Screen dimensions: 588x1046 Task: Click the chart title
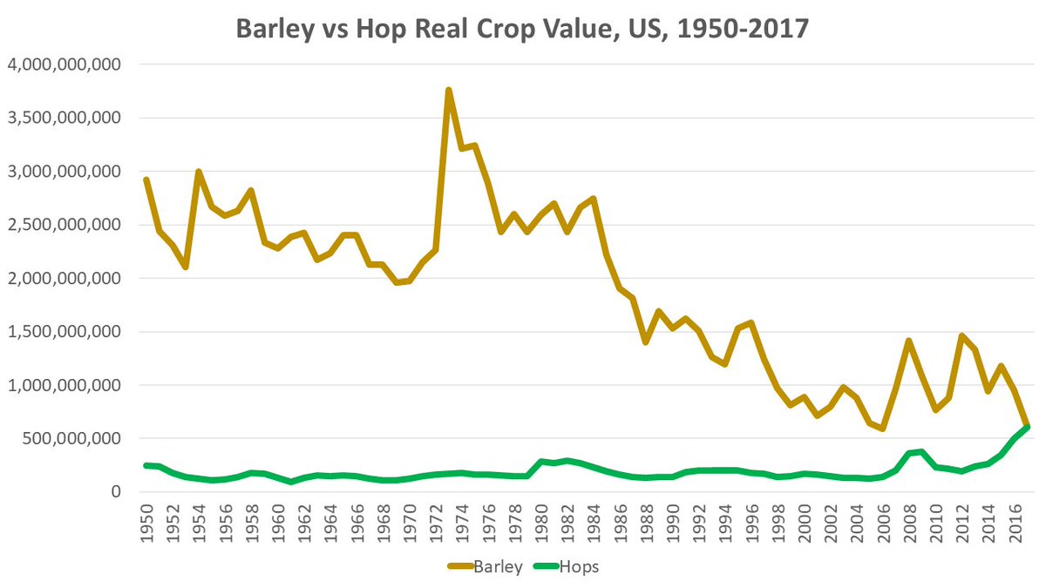point(522,28)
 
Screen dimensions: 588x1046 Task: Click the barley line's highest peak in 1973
point(449,90)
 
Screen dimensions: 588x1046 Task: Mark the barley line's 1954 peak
point(199,172)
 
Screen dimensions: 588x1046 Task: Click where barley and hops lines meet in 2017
point(1028,426)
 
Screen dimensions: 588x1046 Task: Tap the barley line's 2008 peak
point(909,341)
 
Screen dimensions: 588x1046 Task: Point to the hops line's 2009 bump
point(922,451)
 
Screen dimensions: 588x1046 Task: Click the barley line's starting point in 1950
point(146,179)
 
